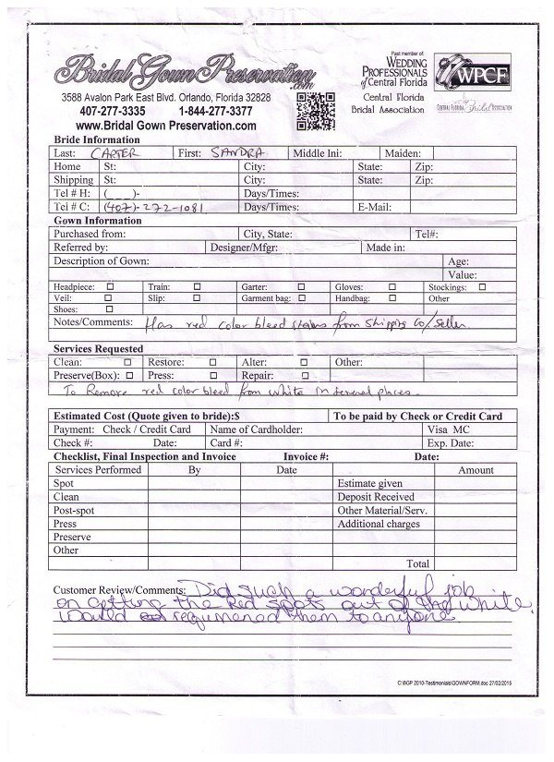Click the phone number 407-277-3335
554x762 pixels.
click(x=112, y=111)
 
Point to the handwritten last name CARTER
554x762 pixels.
click(x=114, y=153)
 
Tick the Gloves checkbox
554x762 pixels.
click(x=392, y=287)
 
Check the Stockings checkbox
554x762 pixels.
click(x=481, y=287)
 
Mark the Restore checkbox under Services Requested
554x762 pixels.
click(x=214, y=363)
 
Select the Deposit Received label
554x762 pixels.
click(x=375, y=497)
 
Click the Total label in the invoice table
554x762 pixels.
click(x=417, y=563)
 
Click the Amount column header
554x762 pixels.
click(x=476, y=470)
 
